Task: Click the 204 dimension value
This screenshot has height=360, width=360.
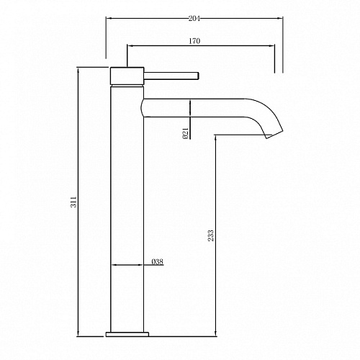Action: [194, 18]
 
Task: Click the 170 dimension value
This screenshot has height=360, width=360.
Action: [194, 41]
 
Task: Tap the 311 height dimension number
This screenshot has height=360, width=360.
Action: [74, 202]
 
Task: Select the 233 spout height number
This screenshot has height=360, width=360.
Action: [211, 235]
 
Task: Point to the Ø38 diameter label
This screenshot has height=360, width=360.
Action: [158, 261]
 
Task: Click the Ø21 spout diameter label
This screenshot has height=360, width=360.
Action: [186, 133]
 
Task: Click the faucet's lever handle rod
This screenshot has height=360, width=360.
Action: [171, 76]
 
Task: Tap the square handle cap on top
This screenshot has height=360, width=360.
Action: [127, 76]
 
